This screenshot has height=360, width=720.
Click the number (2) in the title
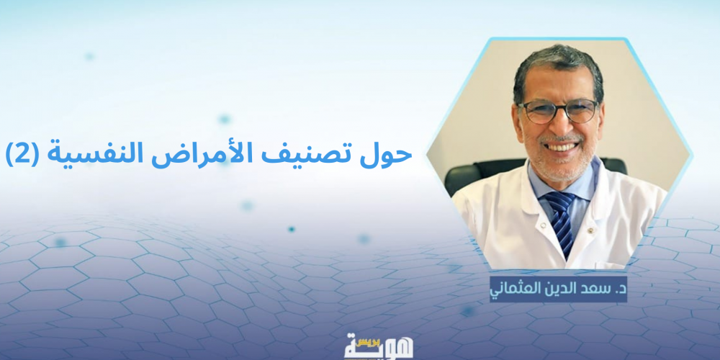pos(21,156)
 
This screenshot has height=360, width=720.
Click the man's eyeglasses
pos(559,112)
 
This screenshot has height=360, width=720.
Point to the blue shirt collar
pos(560,181)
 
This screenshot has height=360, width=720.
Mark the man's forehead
pos(557,86)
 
